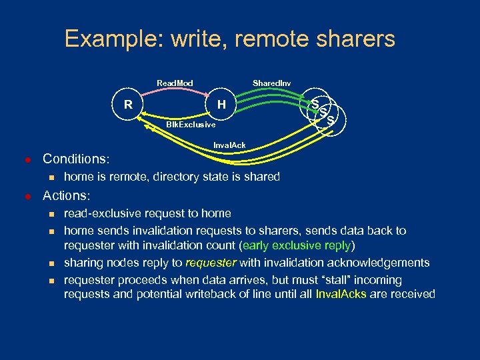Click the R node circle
[x=127, y=104]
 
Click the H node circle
[x=222, y=104]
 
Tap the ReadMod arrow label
[x=175, y=83]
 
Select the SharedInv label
[x=271, y=83]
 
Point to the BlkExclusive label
[x=191, y=125]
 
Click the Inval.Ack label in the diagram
[x=229, y=145]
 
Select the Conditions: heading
[x=76, y=159]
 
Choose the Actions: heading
[x=67, y=196]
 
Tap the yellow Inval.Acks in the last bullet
[x=341, y=294]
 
